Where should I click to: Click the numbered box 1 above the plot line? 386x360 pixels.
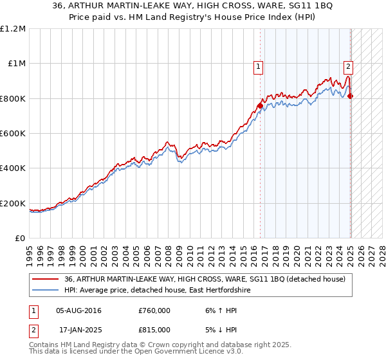click(x=258, y=66)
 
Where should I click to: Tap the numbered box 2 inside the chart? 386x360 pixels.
click(x=348, y=66)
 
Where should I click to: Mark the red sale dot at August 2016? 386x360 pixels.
click(x=260, y=105)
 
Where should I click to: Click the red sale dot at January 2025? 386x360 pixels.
click(x=351, y=96)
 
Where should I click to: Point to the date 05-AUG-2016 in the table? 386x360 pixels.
click(x=78, y=310)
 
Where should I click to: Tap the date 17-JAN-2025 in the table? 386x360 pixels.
click(x=78, y=329)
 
